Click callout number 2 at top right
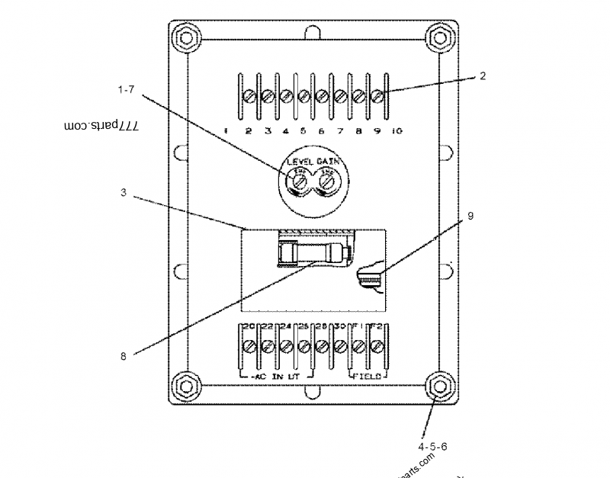483,76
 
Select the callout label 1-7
127,90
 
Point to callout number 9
470,216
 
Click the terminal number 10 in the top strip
396,131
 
